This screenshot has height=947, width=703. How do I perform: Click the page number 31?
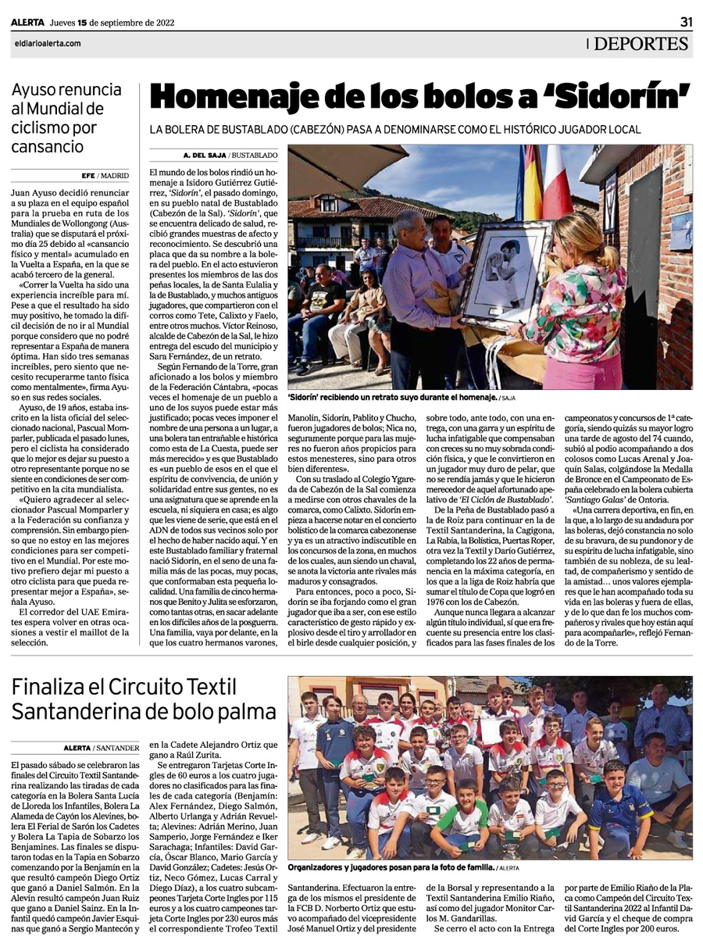click(x=685, y=22)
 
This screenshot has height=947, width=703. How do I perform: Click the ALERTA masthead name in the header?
click(x=27, y=23)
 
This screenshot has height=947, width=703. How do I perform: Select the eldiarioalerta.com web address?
click(x=47, y=44)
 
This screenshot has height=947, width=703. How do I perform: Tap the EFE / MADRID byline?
click(x=106, y=176)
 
